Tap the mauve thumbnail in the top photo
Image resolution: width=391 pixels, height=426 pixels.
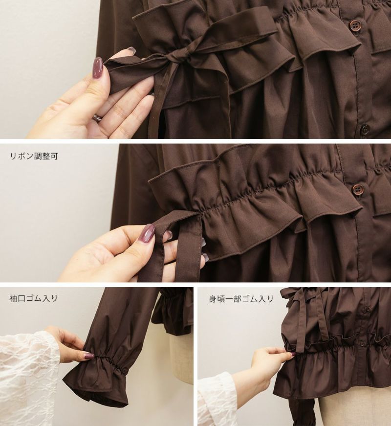(x=98, y=68)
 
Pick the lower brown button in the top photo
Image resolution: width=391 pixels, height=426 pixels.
(x=366, y=129)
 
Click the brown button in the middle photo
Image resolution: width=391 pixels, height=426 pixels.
(x=358, y=189)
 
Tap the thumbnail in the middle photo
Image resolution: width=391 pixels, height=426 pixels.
(x=146, y=233)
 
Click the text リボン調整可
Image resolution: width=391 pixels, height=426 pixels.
(x=34, y=156)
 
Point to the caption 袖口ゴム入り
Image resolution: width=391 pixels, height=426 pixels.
(x=33, y=298)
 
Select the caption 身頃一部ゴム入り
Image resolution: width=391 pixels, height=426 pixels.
(x=241, y=299)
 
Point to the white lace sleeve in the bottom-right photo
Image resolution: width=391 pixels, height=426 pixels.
(x=217, y=400)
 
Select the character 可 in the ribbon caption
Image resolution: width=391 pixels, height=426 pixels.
(x=54, y=156)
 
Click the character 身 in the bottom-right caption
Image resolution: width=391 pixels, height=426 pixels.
(x=213, y=299)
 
